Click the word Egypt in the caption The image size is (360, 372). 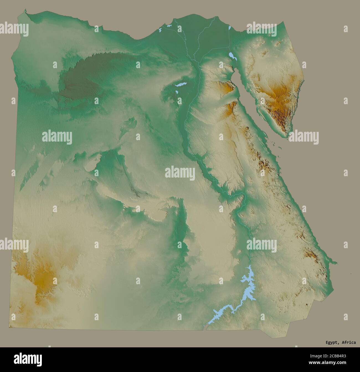[331, 343]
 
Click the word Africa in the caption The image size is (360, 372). [349, 343]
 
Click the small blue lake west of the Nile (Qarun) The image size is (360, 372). [180, 84]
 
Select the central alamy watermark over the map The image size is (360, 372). [180, 173]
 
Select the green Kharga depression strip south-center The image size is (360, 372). [181, 227]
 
